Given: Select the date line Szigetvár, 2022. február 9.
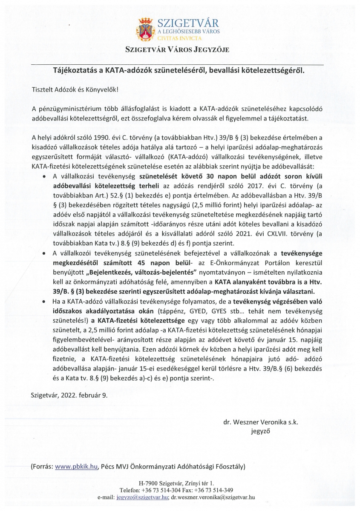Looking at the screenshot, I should pyautogui.click(x=69, y=395).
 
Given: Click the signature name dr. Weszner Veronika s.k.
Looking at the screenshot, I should pyautogui.click(x=260, y=422).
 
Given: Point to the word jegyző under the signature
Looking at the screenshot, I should pyautogui.click(x=260, y=432).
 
